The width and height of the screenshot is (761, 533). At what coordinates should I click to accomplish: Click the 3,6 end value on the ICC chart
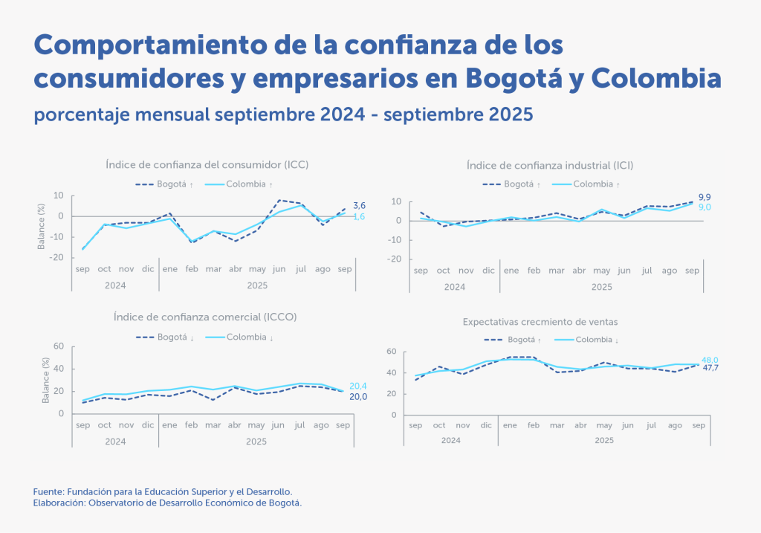pos(359,205)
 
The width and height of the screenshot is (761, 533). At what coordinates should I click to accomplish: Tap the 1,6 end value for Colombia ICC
pos(359,216)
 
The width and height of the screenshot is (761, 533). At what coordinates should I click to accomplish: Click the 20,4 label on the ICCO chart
pos(357,385)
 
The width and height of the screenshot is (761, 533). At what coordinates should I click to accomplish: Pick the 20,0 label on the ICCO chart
pos(357,396)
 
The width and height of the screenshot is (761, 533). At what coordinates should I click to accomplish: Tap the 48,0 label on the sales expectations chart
pos(710,359)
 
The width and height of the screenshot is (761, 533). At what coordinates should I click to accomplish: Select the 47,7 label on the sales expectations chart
pos(710,368)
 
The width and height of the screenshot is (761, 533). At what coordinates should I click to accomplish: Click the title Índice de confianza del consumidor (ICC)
pos(207,164)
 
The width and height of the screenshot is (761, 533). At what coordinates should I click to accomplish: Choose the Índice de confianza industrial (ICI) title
pos(550,165)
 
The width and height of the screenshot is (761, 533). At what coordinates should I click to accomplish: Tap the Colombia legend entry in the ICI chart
pos(592,184)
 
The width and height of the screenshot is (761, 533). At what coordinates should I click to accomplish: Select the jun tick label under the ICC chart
pos(279,268)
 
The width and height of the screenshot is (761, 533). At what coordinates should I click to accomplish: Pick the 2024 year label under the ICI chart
pos(454,286)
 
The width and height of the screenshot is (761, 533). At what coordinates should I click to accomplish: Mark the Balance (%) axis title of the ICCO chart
pos(45,380)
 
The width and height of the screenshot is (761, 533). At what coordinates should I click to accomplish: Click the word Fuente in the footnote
pos(48,492)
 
